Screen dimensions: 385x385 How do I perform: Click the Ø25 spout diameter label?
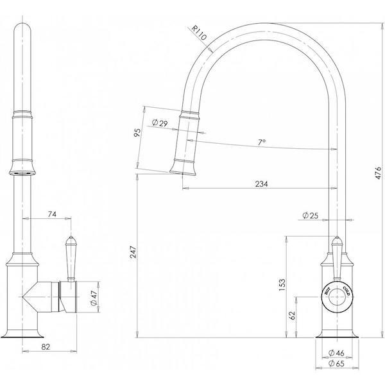[x=311, y=216]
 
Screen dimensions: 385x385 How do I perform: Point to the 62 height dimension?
[x=293, y=315]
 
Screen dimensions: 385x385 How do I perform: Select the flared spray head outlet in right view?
[x=183, y=169]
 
